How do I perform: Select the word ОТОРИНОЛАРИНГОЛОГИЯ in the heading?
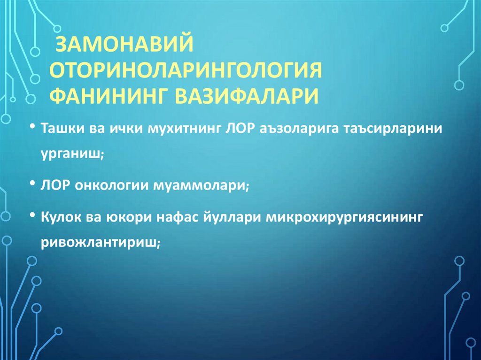coord(186,71)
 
